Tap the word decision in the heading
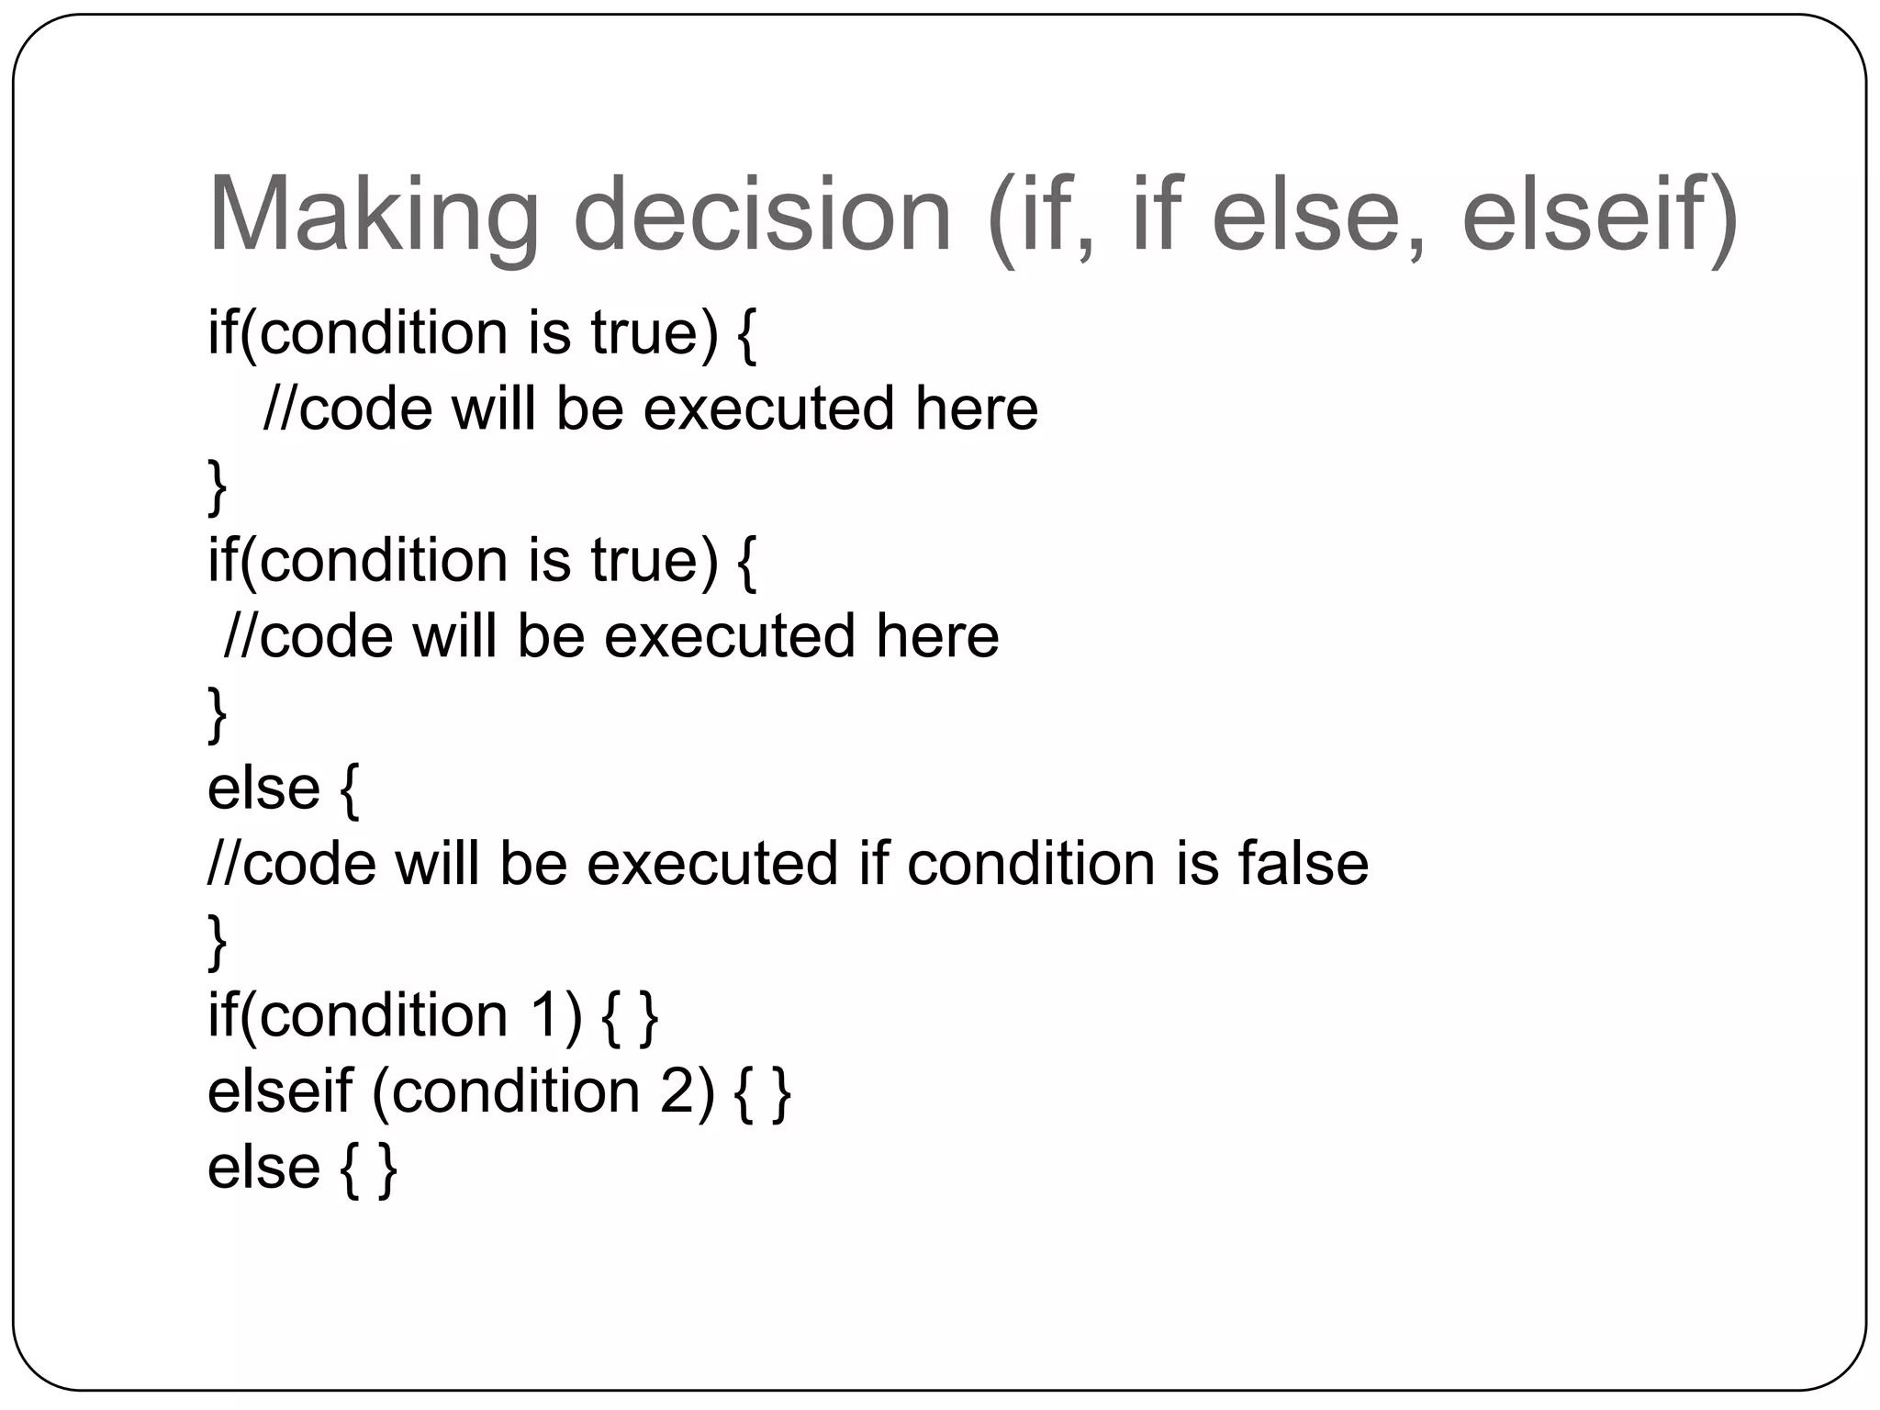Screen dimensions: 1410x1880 (x=762, y=217)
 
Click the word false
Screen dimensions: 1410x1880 (x=1303, y=864)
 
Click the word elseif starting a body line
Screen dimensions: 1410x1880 (x=280, y=1092)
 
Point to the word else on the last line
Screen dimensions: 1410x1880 (x=263, y=1168)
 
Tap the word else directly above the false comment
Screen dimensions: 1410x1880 (x=263, y=789)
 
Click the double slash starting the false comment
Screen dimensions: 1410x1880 (x=225, y=864)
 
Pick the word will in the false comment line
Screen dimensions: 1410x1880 (x=437, y=864)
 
